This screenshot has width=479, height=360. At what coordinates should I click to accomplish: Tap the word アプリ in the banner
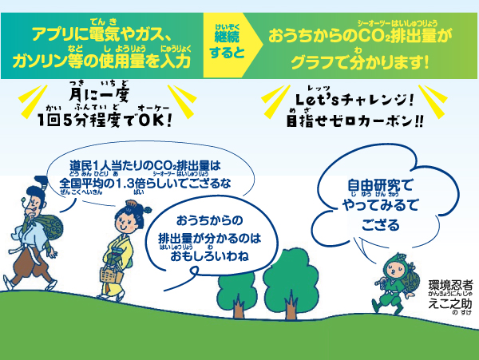[53, 34]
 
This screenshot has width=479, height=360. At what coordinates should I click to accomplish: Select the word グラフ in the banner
[311, 62]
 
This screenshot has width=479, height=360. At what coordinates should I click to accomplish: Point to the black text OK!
[155, 120]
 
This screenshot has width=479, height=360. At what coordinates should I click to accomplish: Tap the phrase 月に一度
[99, 95]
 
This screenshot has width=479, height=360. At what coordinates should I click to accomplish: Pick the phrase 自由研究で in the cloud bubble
[380, 185]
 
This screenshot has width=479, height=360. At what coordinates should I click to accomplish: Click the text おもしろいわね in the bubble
[209, 256]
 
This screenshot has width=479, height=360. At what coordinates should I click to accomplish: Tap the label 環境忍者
[450, 285]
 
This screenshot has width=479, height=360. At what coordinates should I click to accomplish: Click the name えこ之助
[450, 303]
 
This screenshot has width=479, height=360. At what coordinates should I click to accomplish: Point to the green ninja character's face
[395, 270]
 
